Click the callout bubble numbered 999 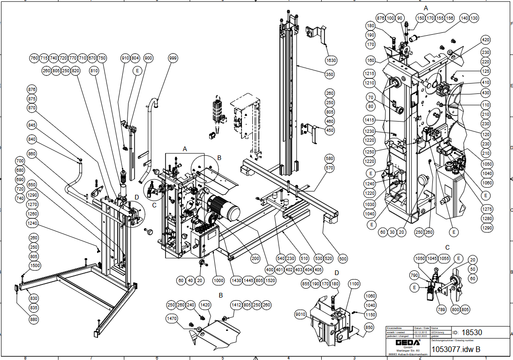173,58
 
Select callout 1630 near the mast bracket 331,61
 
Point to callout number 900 149,58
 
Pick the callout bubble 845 32,125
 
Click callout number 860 32,153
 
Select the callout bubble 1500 34,265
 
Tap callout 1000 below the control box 219,280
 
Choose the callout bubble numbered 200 255,258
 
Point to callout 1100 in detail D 354,284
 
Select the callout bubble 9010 301,314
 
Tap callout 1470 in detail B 172,319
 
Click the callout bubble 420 485,40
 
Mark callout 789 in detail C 441,309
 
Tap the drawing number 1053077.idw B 455,349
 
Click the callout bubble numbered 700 20,161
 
